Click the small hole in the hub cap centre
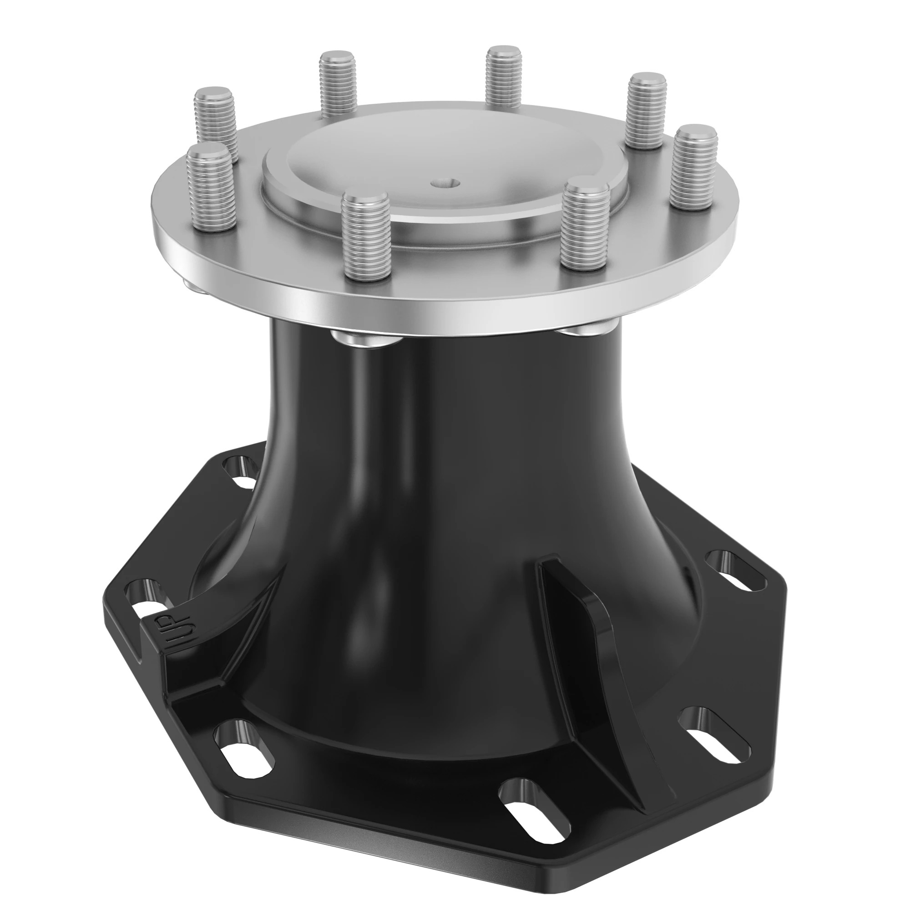(445, 182)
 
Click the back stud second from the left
(337, 83)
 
